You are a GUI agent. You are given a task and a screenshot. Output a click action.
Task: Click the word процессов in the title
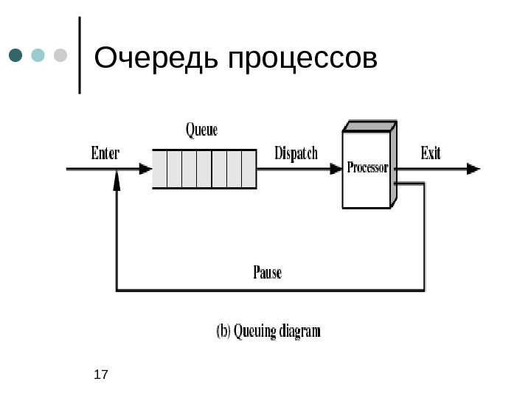[x=302, y=59]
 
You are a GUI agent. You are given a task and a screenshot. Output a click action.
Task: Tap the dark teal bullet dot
[x=16, y=56]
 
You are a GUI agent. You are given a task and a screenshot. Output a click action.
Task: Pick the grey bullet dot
[x=60, y=56]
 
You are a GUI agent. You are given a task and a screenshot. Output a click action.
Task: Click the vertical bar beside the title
[x=79, y=55]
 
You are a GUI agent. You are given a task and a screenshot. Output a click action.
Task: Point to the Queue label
[x=201, y=130]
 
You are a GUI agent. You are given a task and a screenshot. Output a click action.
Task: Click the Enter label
[x=105, y=153]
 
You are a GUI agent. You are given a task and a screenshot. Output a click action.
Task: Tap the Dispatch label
[x=296, y=153]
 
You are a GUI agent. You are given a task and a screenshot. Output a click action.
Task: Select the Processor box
[x=367, y=169]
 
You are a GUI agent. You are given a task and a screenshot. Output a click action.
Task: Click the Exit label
[x=431, y=153]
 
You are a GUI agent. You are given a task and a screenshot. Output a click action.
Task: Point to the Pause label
[x=267, y=273]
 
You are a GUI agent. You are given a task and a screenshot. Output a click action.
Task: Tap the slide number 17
[x=101, y=375]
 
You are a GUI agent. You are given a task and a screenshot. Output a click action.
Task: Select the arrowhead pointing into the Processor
[x=336, y=169]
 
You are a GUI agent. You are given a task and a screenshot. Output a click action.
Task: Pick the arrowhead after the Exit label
[x=473, y=169]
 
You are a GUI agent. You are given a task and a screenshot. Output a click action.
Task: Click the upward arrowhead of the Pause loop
[x=117, y=181]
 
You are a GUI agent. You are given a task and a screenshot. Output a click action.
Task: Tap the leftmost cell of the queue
[x=160, y=169]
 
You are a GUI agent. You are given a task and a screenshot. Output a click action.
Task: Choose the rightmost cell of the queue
[x=249, y=169]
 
